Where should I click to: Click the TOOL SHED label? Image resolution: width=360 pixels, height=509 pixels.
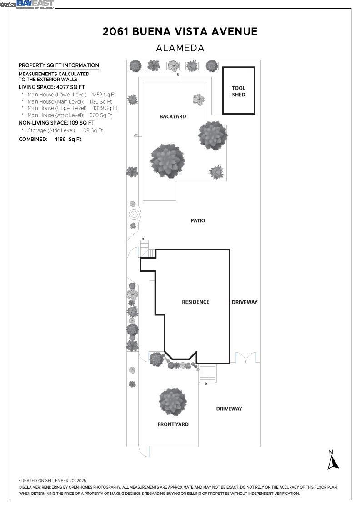pos(238,91)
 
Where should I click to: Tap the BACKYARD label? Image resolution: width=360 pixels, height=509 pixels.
pos(173,117)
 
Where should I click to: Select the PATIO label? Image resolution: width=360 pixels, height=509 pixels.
pos(198,220)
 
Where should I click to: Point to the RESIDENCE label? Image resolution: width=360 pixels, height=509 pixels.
pos(195,302)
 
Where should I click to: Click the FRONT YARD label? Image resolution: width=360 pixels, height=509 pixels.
pos(173,424)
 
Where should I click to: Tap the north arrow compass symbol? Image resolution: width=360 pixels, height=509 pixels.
pos(333,460)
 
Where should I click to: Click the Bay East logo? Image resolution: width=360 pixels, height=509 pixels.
pos(35,4)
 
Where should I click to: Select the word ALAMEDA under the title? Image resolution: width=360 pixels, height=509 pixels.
pos(180,48)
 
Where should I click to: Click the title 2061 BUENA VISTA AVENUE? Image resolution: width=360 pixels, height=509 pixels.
pos(180,31)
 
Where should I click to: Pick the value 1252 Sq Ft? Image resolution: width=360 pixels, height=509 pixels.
pos(104,95)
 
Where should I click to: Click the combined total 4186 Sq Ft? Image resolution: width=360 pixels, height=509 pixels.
pos(68,140)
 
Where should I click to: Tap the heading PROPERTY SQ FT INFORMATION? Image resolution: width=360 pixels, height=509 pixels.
pos(59,65)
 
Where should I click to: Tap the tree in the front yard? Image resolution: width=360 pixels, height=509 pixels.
pos(173,401)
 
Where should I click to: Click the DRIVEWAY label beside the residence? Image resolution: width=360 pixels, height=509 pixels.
pos(245,302)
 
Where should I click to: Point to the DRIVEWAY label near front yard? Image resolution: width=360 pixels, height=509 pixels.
pos(229,409)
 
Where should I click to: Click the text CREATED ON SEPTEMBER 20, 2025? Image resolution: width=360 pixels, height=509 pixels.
pos(52,480)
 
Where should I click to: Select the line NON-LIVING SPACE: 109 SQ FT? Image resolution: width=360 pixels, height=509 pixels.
pos(56,123)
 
